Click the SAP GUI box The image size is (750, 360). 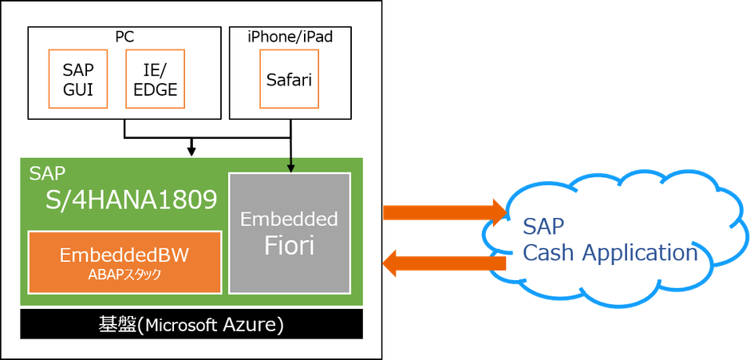[78, 80]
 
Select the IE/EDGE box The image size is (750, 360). [156, 80]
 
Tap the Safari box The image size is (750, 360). [288, 80]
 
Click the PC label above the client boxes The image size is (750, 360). [124, 37]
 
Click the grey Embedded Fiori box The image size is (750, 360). [289, 232]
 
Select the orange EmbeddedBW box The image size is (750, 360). [124, 263]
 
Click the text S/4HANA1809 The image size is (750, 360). [132, 200]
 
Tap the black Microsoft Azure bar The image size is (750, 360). [191, 325]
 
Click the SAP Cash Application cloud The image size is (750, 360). [610, 239]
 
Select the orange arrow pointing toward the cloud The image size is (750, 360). [443, 212]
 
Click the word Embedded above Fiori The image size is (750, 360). [289, 219]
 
